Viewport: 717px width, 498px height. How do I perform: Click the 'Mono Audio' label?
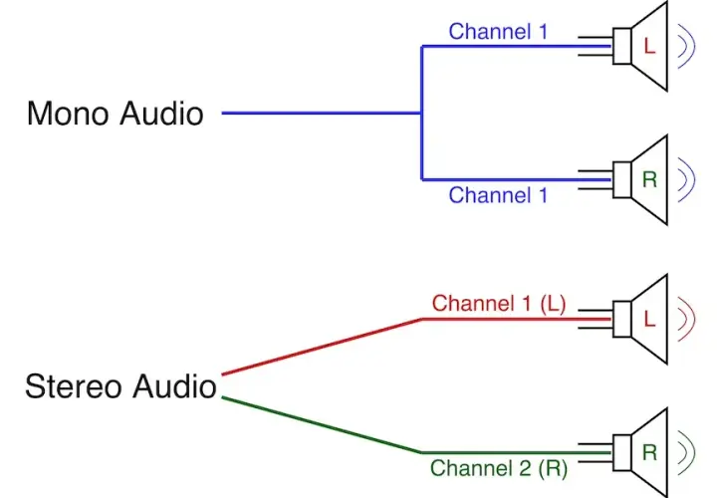116,113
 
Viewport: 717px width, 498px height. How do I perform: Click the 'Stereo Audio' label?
120,386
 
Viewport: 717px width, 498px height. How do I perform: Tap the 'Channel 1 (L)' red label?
499,304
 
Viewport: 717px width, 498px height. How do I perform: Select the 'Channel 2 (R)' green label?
499,469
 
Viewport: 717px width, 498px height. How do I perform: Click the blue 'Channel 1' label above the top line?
498,32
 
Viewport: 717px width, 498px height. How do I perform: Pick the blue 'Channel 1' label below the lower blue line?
498,195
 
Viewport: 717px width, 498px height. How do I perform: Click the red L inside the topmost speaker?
649,46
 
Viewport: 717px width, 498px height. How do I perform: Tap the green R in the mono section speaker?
649,179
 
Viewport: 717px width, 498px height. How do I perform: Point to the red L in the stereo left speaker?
649,319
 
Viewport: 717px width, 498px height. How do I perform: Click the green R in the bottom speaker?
649,452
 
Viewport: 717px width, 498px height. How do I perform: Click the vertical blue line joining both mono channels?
421,113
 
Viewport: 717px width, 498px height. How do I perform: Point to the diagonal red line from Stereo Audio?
322,347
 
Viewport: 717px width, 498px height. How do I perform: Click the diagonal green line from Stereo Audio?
322,425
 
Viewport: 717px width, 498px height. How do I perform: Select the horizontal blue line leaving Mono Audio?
322,113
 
